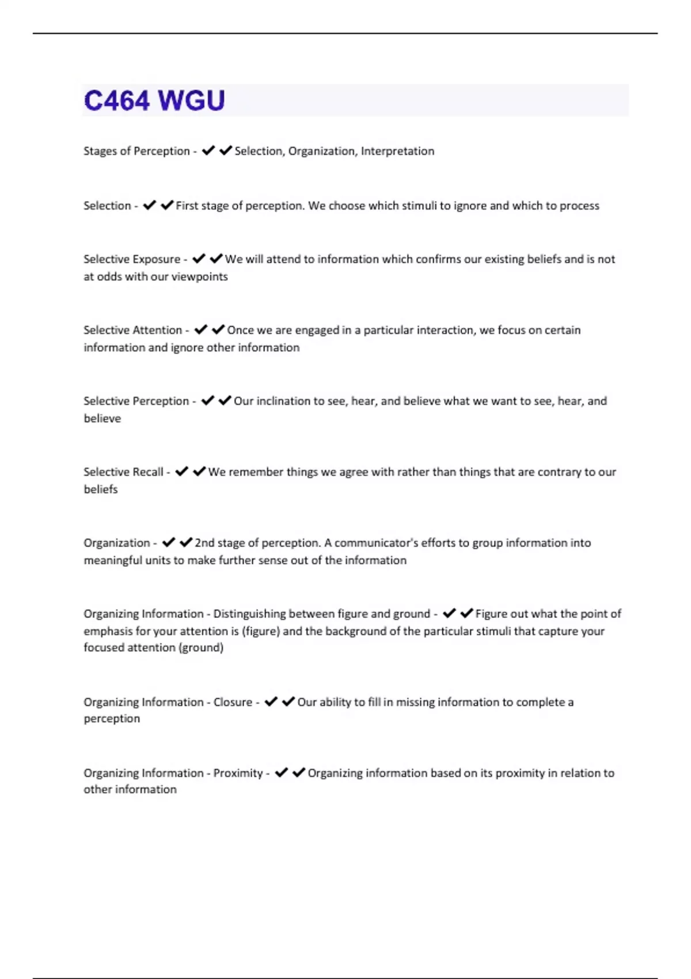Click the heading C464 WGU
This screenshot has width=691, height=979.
coord(154,100)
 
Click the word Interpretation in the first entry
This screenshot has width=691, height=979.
coord(397,151)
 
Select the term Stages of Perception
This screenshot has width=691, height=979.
coord(136,151)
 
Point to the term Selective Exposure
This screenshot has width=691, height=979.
coord(132,259)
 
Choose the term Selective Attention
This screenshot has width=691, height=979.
coord(132,330)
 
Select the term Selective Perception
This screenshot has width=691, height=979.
coord(136,401)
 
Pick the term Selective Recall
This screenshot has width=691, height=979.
coord(123,472)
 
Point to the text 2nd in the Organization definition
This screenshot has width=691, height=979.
coord(204,542)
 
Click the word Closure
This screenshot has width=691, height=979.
coord(233,702)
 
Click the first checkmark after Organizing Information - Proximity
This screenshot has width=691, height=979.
coord(281,772)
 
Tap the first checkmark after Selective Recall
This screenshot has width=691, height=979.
coord(181,471)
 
